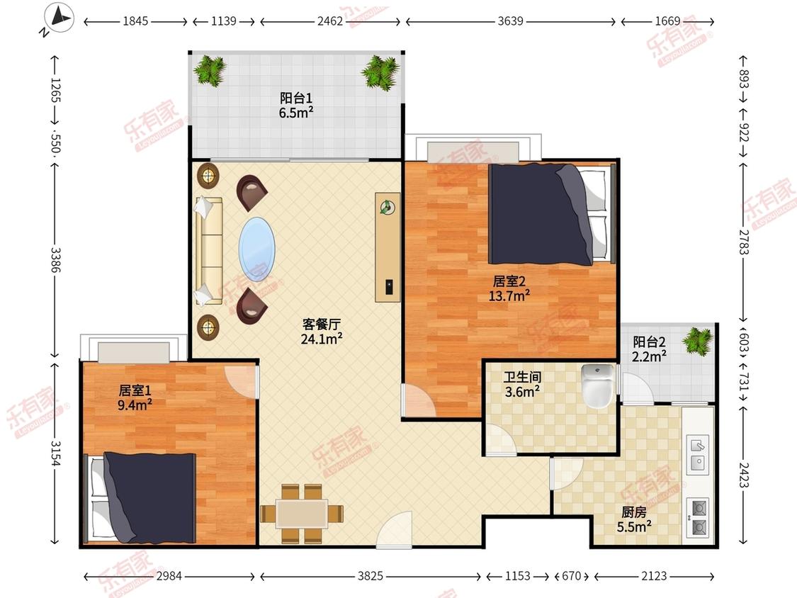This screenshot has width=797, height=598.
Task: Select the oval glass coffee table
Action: [257, 249]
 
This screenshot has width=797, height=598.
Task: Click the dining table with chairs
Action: [301, 514]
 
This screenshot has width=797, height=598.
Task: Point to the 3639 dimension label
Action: [510, 21]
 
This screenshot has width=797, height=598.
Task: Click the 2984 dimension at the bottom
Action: [169, 575]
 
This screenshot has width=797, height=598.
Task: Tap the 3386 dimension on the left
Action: [55, 259]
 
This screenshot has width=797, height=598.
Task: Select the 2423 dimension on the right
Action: [744, 475]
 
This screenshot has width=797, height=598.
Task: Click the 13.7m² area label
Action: [509, 295]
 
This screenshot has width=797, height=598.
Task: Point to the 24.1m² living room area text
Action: [321, 339]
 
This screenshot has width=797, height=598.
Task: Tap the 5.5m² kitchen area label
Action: [634, 527]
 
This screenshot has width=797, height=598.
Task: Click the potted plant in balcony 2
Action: [697, 341]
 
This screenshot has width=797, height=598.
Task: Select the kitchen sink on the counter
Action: [698, 454]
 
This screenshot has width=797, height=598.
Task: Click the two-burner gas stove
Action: [697, 518]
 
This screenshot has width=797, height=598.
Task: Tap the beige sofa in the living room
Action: [209, 252]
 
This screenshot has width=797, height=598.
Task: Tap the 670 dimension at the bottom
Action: [571, 575]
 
